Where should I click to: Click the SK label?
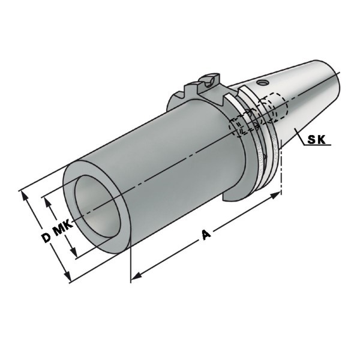(316, 140)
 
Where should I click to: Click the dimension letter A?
(206, 234)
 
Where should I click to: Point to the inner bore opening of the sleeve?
(98, 206)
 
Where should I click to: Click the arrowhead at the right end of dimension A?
(275, 195)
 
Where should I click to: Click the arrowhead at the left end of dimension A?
(137, 275)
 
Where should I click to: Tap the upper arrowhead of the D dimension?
(25, 196)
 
